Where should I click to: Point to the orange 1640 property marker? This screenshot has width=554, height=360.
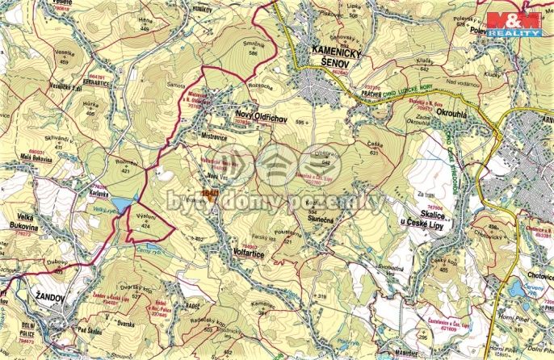coord(211,195)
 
